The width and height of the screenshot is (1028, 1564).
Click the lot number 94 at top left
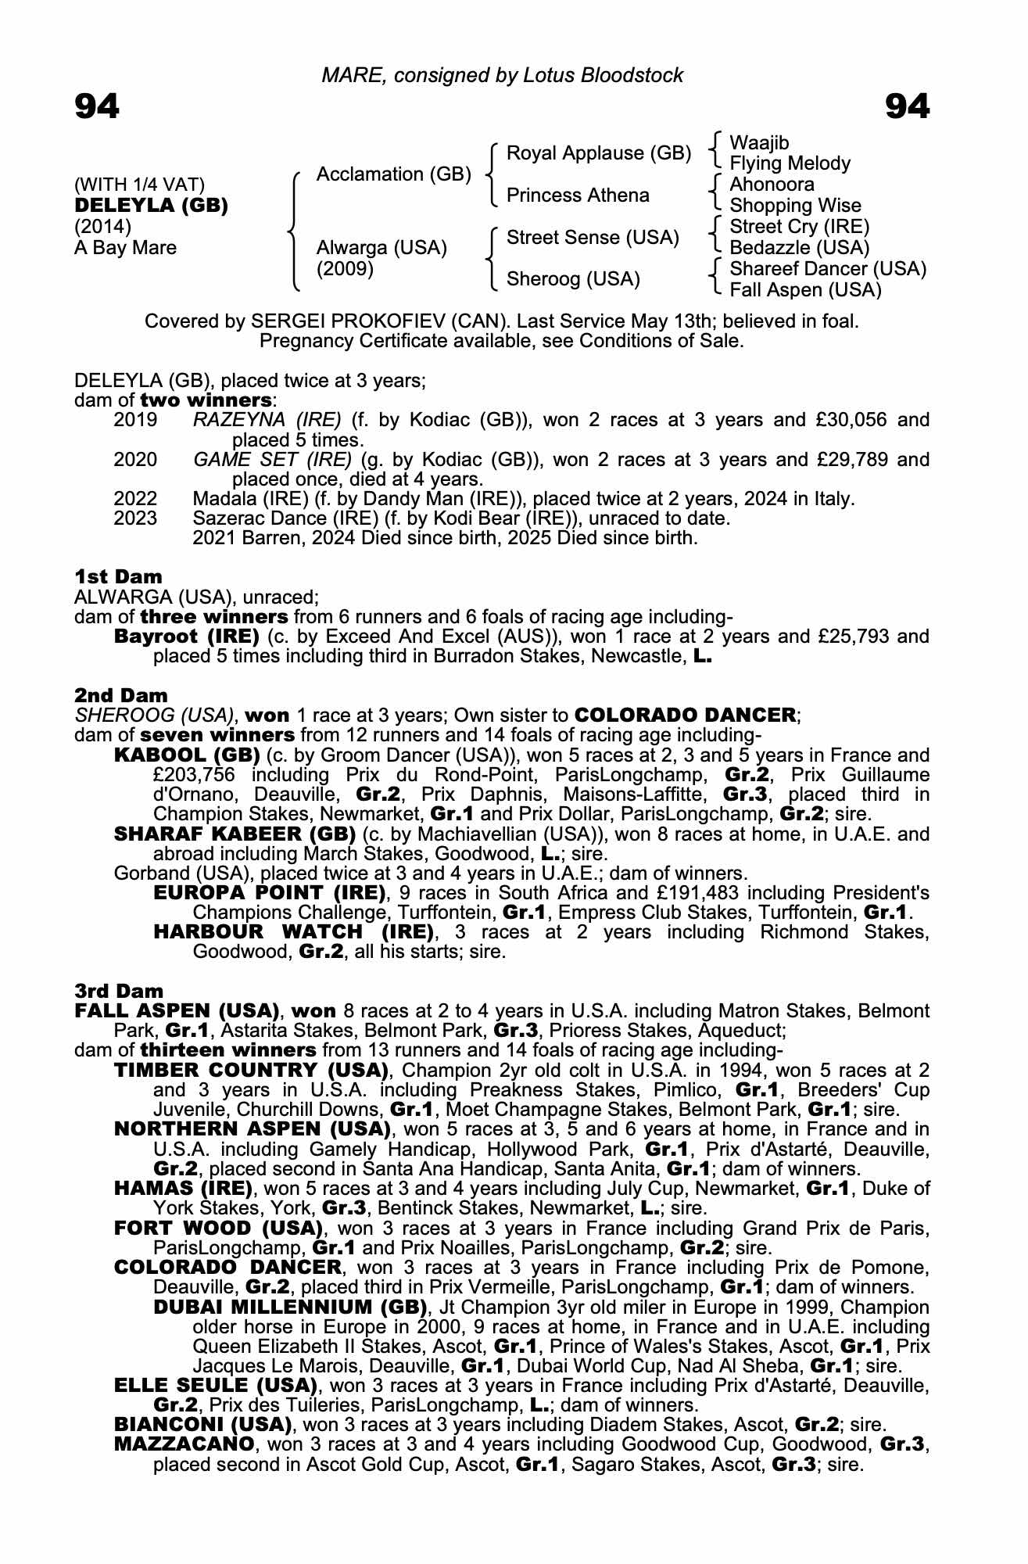pyautogui.click(x=97, y=106)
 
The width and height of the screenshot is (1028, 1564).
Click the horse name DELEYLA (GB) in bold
pyautogui.click(x=151, y=206)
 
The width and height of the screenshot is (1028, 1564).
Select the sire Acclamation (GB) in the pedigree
pyautogui.click(x=393, y=174)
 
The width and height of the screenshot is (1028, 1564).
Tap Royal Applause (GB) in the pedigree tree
pyautogui.click(x=599, y=153)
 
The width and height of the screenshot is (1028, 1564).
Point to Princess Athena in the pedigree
pyautogui.click(x=578, y=195)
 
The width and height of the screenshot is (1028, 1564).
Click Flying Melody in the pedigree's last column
pyautogui.click(x=790, y=163)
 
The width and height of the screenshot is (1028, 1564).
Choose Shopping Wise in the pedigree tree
pyautogui.click(x=795, y=206)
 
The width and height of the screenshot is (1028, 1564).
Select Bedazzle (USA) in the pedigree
pyautogui.click(x=799, y=248)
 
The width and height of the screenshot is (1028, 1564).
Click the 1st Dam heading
pyautogui.click(x=118, y=577)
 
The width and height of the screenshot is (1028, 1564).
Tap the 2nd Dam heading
pyautogui.click(x=121, y=695)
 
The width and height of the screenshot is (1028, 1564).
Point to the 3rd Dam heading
pyautogui.click(x=120, y=992)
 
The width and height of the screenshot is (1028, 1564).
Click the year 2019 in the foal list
pyautogui.click(x=135, y=420)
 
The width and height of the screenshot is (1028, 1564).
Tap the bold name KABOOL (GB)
pyautogui.click(x=187, y=755)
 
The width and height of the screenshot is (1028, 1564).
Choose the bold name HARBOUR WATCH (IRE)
pyautogui.click(x=293, y=932)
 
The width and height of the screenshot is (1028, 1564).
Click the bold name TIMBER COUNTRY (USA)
pyautogui.click(x=251, y=1070)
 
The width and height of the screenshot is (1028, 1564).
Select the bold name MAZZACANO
pyautogui.click(x=184, y=1444)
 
